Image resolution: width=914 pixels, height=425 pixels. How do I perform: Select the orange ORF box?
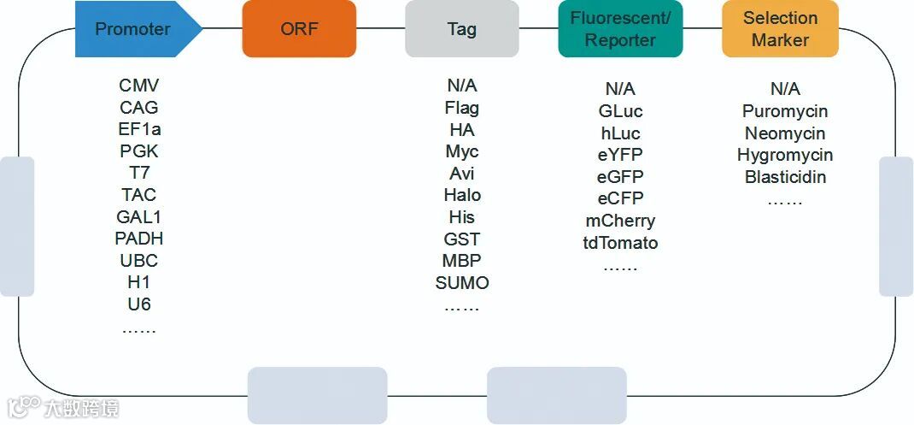pyautogui.click(x=299, y=29)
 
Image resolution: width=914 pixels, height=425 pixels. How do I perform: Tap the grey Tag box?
pyautogui.click(x=461, y=29)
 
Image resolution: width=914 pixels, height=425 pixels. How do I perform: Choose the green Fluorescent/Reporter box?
pyautogui.click(x=620, y=29)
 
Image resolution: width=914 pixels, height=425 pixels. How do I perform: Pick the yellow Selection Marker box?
pyautogui.click(x=780, y=29)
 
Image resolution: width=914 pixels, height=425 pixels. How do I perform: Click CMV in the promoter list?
pyautogui.click(x=139, y=86)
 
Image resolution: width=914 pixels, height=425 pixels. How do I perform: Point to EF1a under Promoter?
pyautogui.click(x=139, y=130)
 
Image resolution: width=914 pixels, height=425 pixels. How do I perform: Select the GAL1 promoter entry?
pyautogui.click(x=139, y=217)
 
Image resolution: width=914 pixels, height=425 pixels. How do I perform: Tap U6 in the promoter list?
pyautogui.click(x=139, y=304)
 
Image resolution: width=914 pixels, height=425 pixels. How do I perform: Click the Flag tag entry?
pyautogui.click(x=462, y=108)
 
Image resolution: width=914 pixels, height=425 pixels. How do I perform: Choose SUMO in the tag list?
pyautogui.click(x=462, y=283)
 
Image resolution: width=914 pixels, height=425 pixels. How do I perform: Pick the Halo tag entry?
pyautogui.click(x=462, y=195)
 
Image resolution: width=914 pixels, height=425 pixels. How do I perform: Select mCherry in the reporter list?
pyautogui.click(x=620, y=221)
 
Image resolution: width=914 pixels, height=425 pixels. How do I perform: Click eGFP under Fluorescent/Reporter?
pyautogui.click(x=620, y=177)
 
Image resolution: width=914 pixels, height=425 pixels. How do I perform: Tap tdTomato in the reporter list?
pyautogui.click(x=620, y=243)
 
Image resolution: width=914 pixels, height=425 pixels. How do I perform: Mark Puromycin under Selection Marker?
pyautogui.click(x=785, y=111)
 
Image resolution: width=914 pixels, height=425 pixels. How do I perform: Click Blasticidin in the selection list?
pyautogui.click(x=785, y=177)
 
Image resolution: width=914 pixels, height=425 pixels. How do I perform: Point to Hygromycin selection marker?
pyautogui.click(x=785, y=155)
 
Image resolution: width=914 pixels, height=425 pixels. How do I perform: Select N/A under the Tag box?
pyautogui.click(x=462, y=86)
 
